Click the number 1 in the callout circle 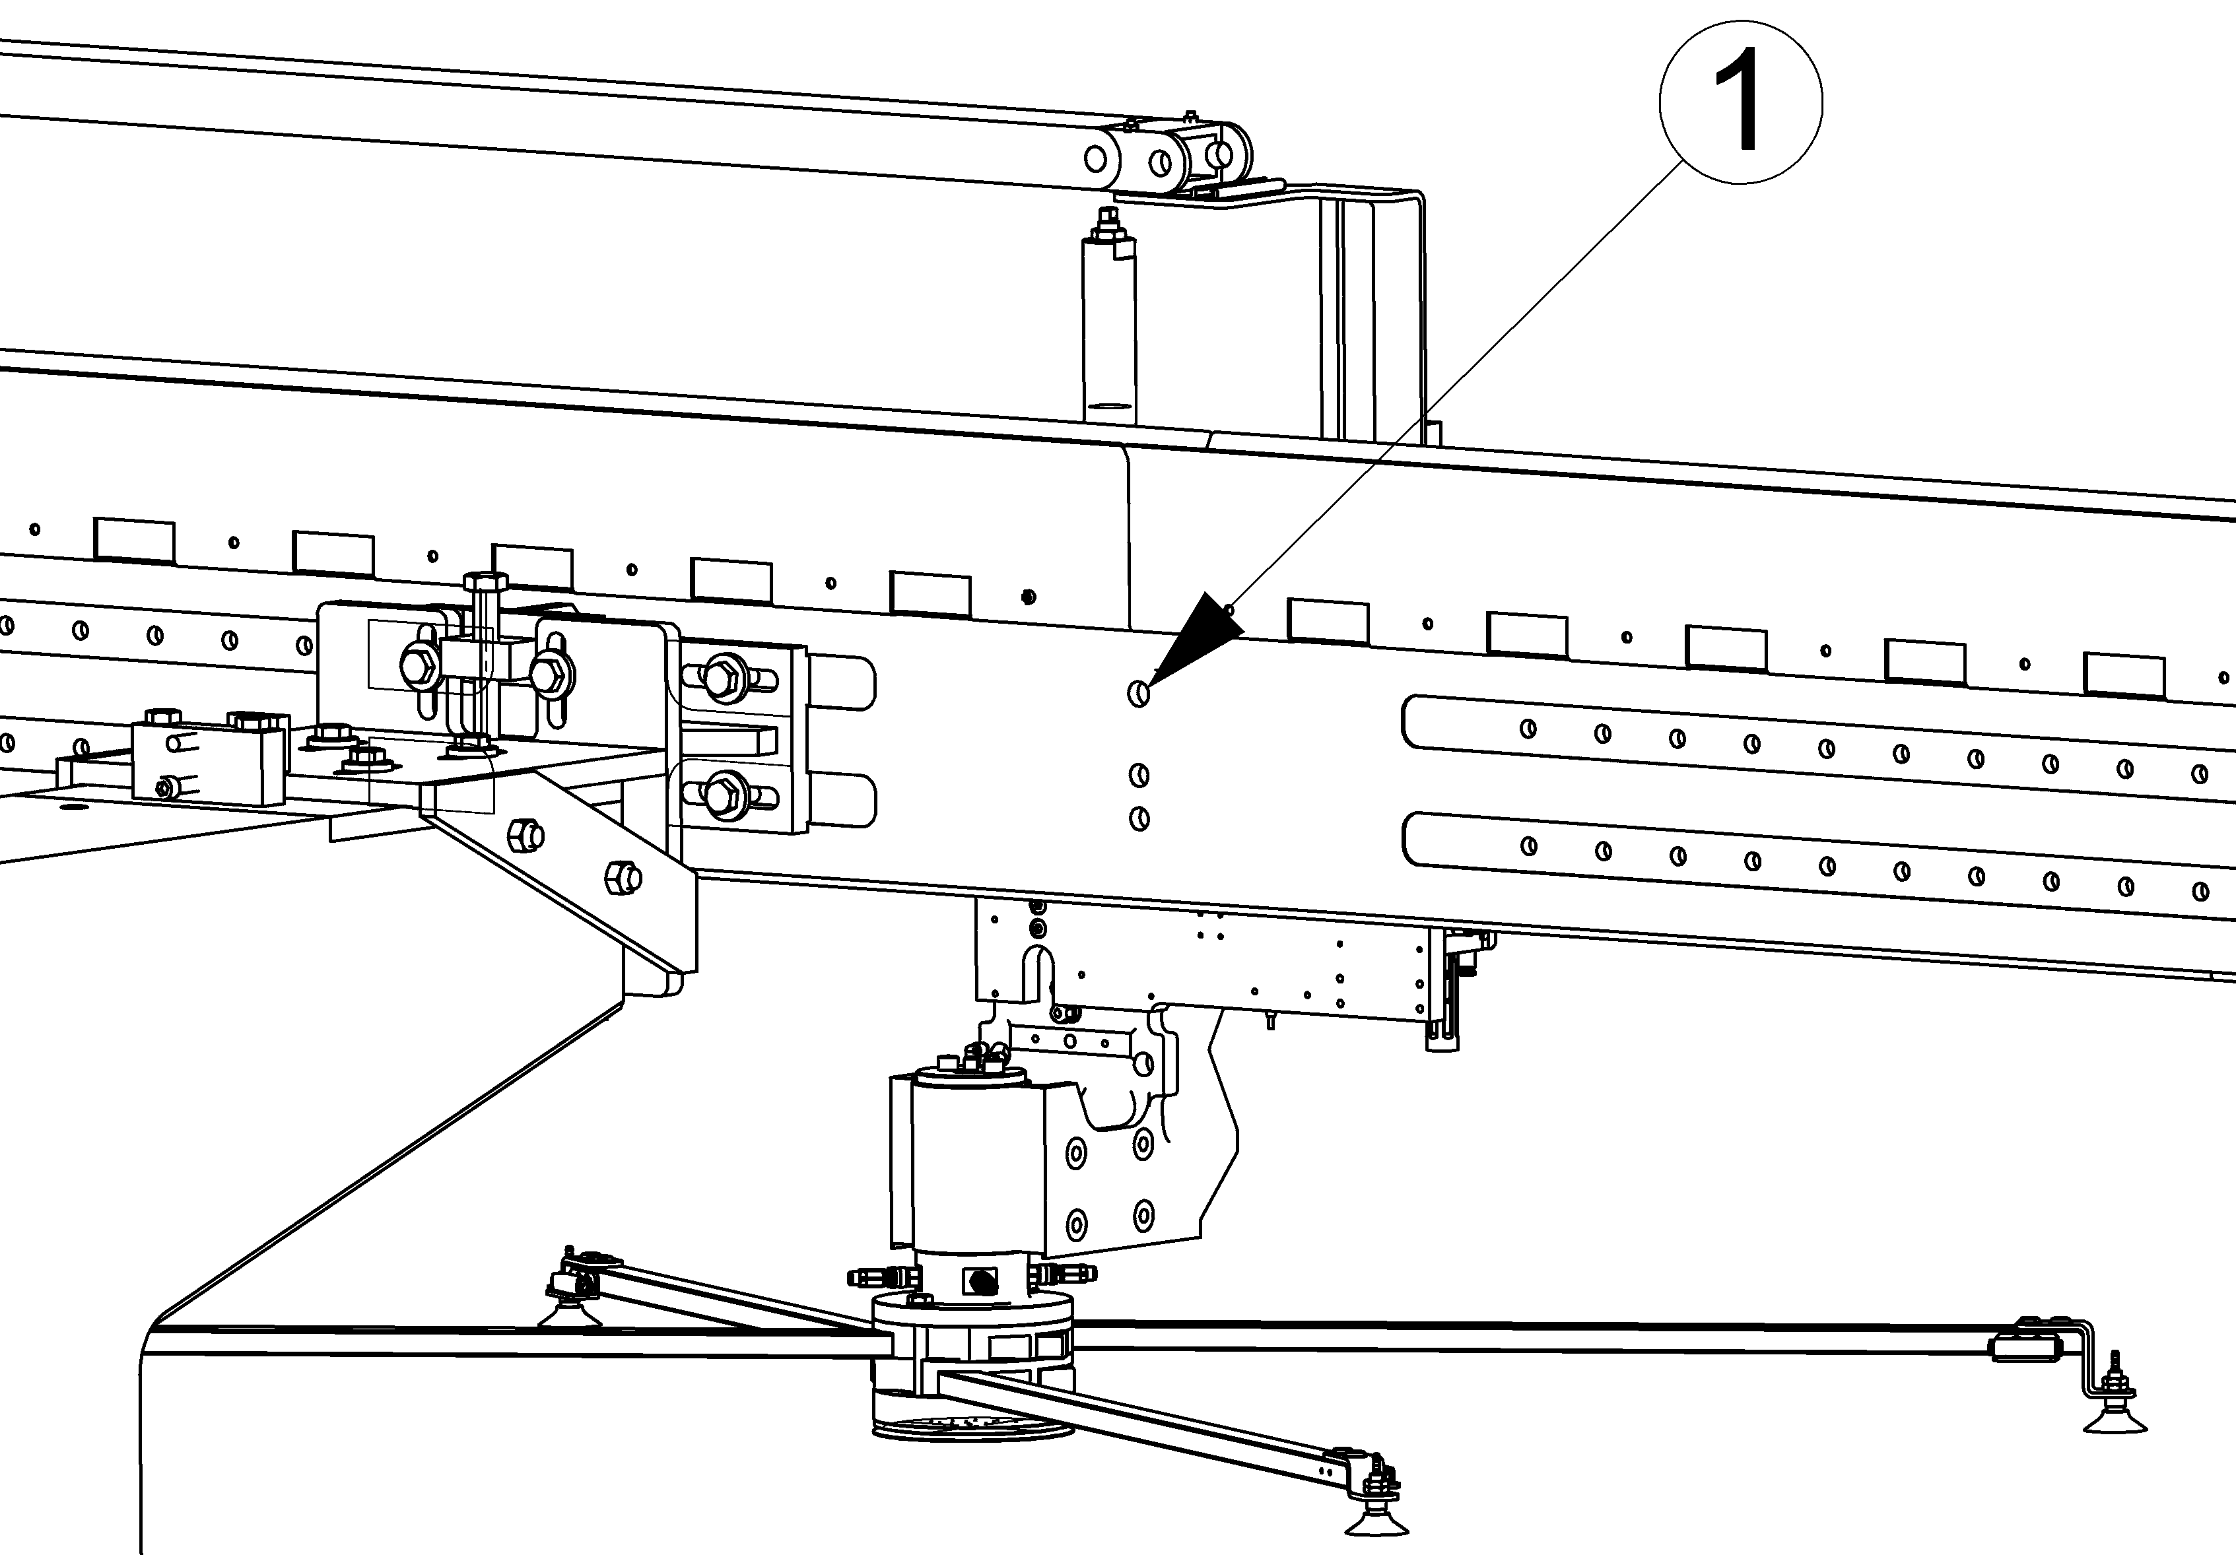(x=1740, y=100)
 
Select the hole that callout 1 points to (x=1138, y=694)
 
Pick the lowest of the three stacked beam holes (x=1138, y=819)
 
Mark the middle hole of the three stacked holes (x=1138, y=775)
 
